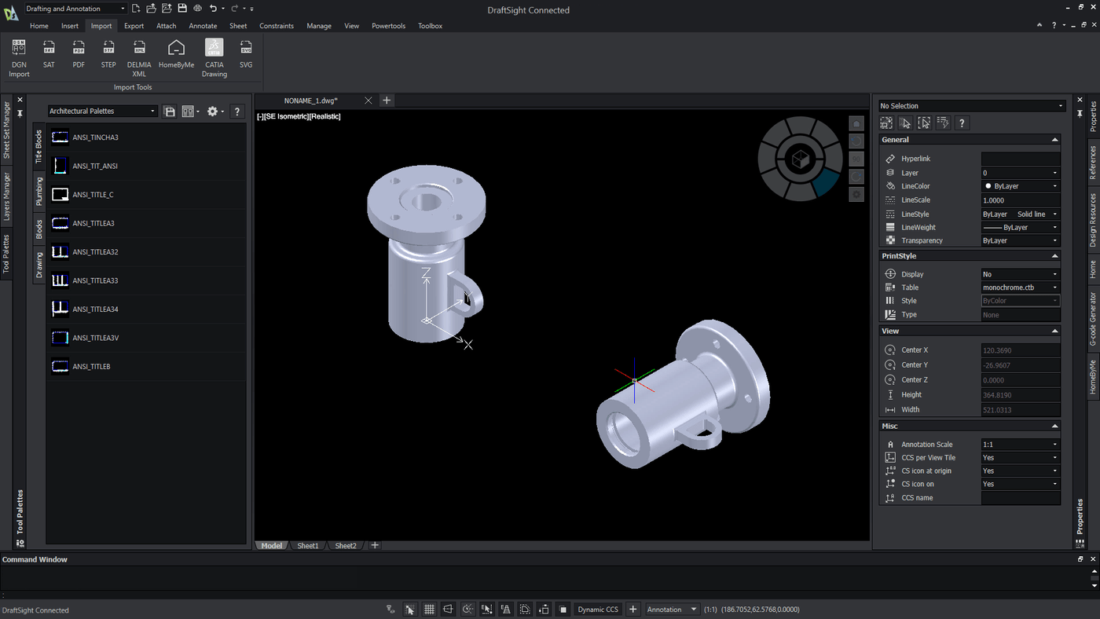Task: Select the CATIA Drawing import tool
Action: pyautogui.click(x=214, y=57)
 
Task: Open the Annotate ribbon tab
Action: pyautogui.click(x=203, y=26)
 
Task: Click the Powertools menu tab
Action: pyautogui.click(x=388, y=26)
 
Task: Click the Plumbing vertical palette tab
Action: pyautogui.click(x=38, y=191)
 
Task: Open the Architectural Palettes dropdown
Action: pyautogui.click(x=103, y=112)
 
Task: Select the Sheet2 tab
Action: pyautogui.click(x=346, y=546)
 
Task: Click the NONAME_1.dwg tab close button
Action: pyautogui.click(x=368, y=101)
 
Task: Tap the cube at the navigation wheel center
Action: pyautogui.click(x=799, y=159)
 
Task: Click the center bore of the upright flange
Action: pyautogui.click(x=427, y=200)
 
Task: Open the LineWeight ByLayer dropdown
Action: pyautogui.click(x=1020, y=228)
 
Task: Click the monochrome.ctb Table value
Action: pyautogui.click(x=1020, y=288)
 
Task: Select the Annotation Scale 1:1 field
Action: pyautogui.click(x=1020, y=445)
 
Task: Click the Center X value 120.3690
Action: pyautogui.click(x=1020, y=350)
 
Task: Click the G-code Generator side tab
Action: pyautogui.click(x=1092, y=319)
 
